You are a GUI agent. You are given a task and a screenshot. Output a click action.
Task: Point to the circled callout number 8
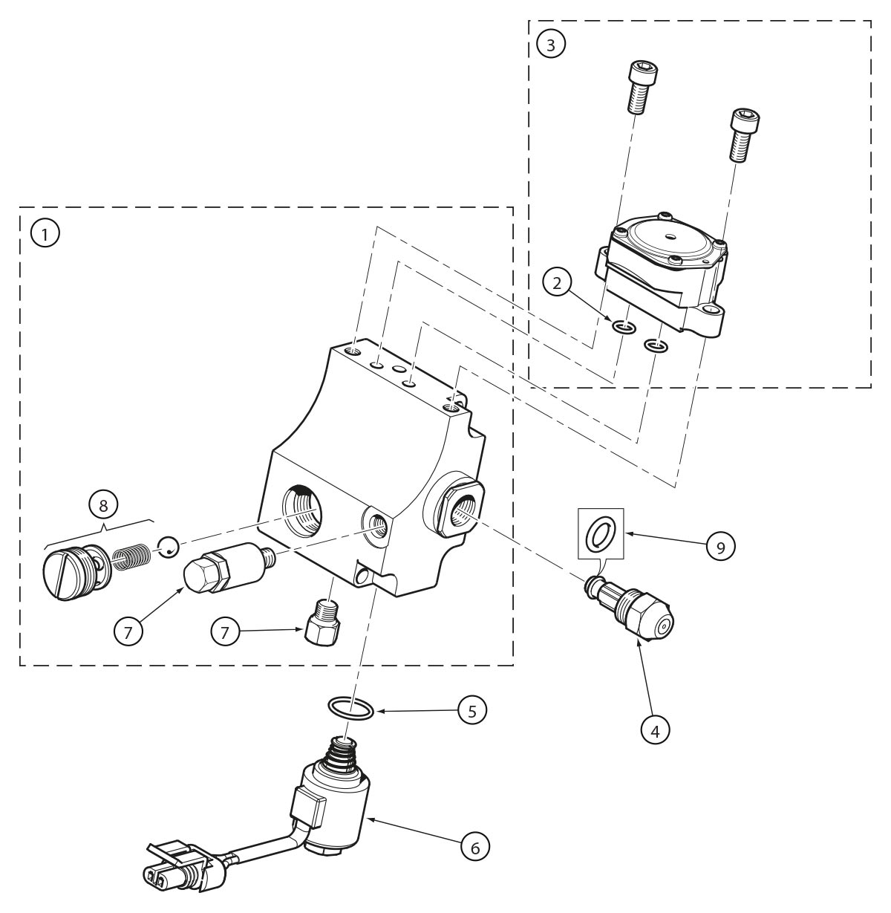tap(103, 504)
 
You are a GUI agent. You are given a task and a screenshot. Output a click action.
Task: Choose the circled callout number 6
tap(475, 845)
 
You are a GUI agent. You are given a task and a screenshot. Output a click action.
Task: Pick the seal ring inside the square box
tap(601, 534)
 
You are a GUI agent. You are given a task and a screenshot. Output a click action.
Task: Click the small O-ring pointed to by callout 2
tap(624, 328)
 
